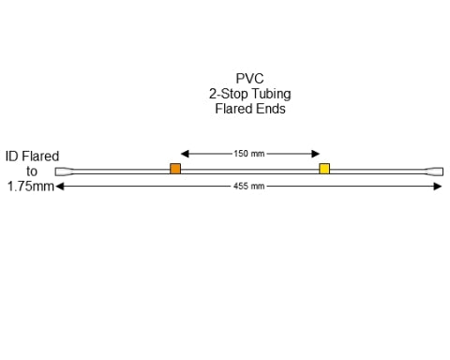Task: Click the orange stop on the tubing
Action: [175, 169]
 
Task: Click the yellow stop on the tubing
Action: [324, 169]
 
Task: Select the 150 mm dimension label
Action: [249, 153]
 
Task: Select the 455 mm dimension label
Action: [249, 187]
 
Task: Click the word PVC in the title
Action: [250, 79]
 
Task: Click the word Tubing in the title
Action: [271, 94]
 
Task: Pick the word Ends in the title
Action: [271, 109]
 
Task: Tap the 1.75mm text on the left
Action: [28, 187]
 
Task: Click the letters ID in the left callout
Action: [12, 157]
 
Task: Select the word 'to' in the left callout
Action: [32, 172]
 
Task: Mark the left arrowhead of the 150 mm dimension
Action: [184, 153]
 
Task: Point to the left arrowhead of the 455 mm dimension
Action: [60, 187]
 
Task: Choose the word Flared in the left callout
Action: [41, 157]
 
